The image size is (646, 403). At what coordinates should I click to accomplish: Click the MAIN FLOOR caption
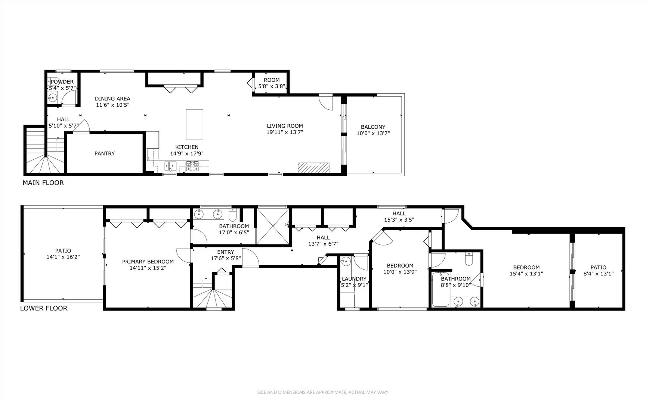pyautogui.click(x=43, y=183)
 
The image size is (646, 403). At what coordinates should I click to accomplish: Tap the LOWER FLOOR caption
pyautogui.click(x=44, y=308)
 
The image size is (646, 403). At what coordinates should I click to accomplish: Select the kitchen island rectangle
pyautogui.click(x=194, y=124)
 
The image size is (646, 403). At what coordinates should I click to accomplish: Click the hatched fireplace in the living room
pyautogui.click(x=314, y=168)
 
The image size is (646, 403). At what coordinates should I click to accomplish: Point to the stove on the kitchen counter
pyautogui.click(x=193, y=166)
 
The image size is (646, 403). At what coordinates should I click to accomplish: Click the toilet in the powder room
pyautogui.click(x=50, y=82)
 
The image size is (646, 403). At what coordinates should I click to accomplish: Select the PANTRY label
pyautogui.click(x=105, y=153)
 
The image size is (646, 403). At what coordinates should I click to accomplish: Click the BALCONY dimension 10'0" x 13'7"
pyautogui.click(x=373, y=133)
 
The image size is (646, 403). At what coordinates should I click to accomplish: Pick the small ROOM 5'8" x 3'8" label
pyautogui.click(x=272, y=83)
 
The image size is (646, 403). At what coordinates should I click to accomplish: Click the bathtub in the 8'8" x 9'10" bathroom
pyautogui.click(x=441, y=290)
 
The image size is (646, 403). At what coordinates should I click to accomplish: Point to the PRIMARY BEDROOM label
pyautogui.click(x=148, y=262)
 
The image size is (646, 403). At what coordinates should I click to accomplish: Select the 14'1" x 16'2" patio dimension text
pyautogui.click(x=63, y=257)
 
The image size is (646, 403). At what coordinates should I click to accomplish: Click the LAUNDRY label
pyautogui.click(x=354, y=279)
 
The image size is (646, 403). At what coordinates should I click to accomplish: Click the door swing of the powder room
pyautogui.click(x=68, y=99)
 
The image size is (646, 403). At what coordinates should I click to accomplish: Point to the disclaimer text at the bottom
pyautogui.click(x=323, y=392)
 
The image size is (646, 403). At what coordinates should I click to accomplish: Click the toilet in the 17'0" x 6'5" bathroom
pyautogui.click(x=232, y=215)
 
